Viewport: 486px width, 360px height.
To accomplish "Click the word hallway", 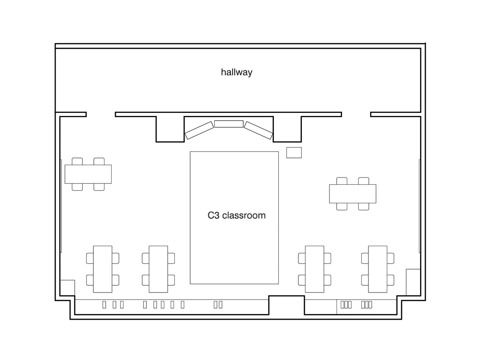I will pos(236,72).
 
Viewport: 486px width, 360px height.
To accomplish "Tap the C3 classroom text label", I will pos(236,215).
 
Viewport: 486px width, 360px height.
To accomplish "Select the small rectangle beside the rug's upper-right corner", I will pos(294,152).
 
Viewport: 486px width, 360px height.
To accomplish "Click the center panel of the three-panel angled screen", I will pos(229,124).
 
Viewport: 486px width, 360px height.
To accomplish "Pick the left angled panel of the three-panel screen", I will pos(199,130).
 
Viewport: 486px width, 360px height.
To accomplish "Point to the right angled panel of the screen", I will pos(258,130).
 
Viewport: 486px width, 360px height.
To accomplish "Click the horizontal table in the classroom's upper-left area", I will pos(88,174).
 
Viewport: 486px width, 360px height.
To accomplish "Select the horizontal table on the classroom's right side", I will pos(353,194).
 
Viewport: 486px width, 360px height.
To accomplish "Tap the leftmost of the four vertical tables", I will pos(103,269).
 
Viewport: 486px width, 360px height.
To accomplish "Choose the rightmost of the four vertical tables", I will pos(378,269).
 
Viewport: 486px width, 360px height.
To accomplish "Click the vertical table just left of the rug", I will pos(158,269).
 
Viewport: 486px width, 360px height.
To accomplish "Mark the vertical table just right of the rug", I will pos(315,269).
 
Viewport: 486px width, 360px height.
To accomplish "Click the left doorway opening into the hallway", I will pos(101,115).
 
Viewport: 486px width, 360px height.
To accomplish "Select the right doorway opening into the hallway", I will pos(356,115).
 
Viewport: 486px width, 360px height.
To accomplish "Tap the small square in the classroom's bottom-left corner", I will pos(67,288).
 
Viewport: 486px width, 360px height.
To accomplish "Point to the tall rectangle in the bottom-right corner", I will pos(413,282).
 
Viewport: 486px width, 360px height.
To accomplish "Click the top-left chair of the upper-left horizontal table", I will pos(77,161).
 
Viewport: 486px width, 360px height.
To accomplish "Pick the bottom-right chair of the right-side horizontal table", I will pos(363,206).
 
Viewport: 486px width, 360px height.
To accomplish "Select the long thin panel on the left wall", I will pos(61,206).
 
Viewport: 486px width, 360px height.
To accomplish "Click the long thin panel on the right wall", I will pos(420,206).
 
